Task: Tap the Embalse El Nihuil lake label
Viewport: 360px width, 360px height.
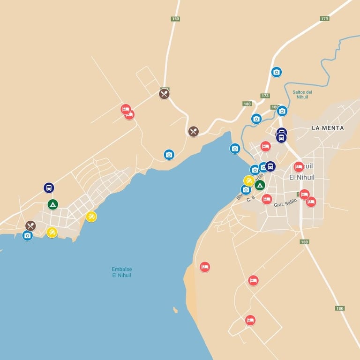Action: [121, 272]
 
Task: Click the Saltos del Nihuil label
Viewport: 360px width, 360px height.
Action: [302, 94]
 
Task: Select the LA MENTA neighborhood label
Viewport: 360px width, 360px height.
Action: [328, 128]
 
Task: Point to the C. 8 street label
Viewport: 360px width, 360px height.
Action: [251, 198]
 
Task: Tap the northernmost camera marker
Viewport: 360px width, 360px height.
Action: [277, 72]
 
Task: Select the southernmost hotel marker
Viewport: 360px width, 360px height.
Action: [250, 320]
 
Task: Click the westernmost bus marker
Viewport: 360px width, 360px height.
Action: [49, 188]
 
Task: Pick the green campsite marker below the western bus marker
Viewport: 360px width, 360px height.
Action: [53, 204]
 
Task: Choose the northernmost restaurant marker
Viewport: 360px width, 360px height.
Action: [164, 94]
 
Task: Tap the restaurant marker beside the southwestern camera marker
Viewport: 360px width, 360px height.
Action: [30, 225]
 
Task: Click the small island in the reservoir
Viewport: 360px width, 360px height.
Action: [175, 310]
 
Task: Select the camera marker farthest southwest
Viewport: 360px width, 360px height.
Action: [27, 235]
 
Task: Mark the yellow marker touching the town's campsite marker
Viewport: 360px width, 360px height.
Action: [249, 180]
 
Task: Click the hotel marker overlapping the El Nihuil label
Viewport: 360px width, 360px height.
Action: [299, 167]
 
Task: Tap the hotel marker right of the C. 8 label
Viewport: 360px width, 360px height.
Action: [267, 199]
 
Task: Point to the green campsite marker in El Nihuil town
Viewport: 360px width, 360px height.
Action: [260, 185]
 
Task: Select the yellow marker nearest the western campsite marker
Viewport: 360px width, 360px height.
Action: [52, 232]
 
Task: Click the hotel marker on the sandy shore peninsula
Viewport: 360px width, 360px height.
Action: [204, 267]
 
